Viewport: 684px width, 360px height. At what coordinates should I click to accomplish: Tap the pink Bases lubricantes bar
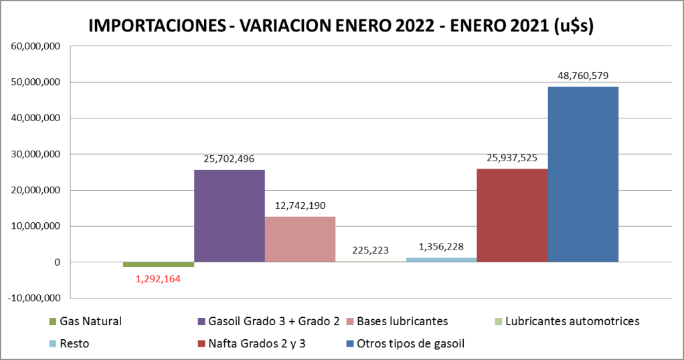[300, 239]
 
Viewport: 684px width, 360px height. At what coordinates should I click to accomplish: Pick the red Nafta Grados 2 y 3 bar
[512, 215]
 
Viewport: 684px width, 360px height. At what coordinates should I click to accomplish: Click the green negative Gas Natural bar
[159, 264]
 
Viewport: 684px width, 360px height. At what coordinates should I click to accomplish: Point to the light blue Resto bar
[441, 260]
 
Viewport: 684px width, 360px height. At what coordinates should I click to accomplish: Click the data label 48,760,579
[583, 76]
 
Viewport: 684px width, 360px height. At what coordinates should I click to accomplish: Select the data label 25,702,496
[229, 159]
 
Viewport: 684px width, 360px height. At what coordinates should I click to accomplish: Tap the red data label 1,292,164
[159, 278]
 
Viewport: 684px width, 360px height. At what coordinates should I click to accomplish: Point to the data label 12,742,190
[300, 205]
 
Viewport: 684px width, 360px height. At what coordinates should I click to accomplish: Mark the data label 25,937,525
[512, 158]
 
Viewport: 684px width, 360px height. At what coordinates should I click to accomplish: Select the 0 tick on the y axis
[58, 262]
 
